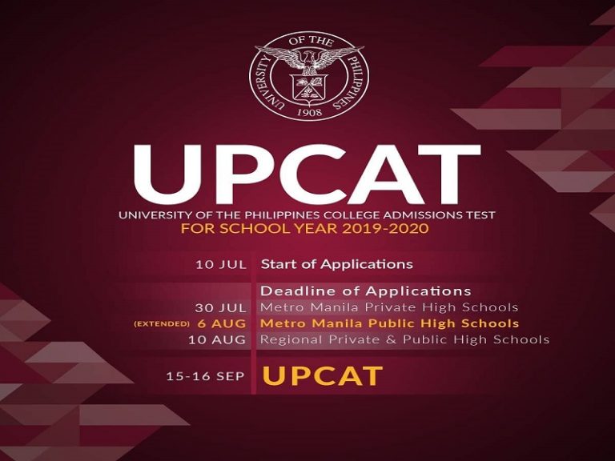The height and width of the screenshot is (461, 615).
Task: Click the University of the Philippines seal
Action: tap(308, 77)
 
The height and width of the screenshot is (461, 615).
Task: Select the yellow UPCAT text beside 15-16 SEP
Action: tap(322, 375)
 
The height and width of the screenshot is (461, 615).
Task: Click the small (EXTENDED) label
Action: tap(162, 324)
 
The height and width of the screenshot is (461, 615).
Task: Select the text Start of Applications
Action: tap(336, 264)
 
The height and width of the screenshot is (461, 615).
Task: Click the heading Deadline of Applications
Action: tap(366, 291)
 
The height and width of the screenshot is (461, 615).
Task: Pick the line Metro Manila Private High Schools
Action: tap(389, 307)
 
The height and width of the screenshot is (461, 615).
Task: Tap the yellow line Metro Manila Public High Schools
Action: tap(389, 323)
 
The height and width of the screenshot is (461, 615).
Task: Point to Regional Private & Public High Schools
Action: tap(404, 339)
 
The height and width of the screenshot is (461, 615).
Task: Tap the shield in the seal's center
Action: tap(308, 86)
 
